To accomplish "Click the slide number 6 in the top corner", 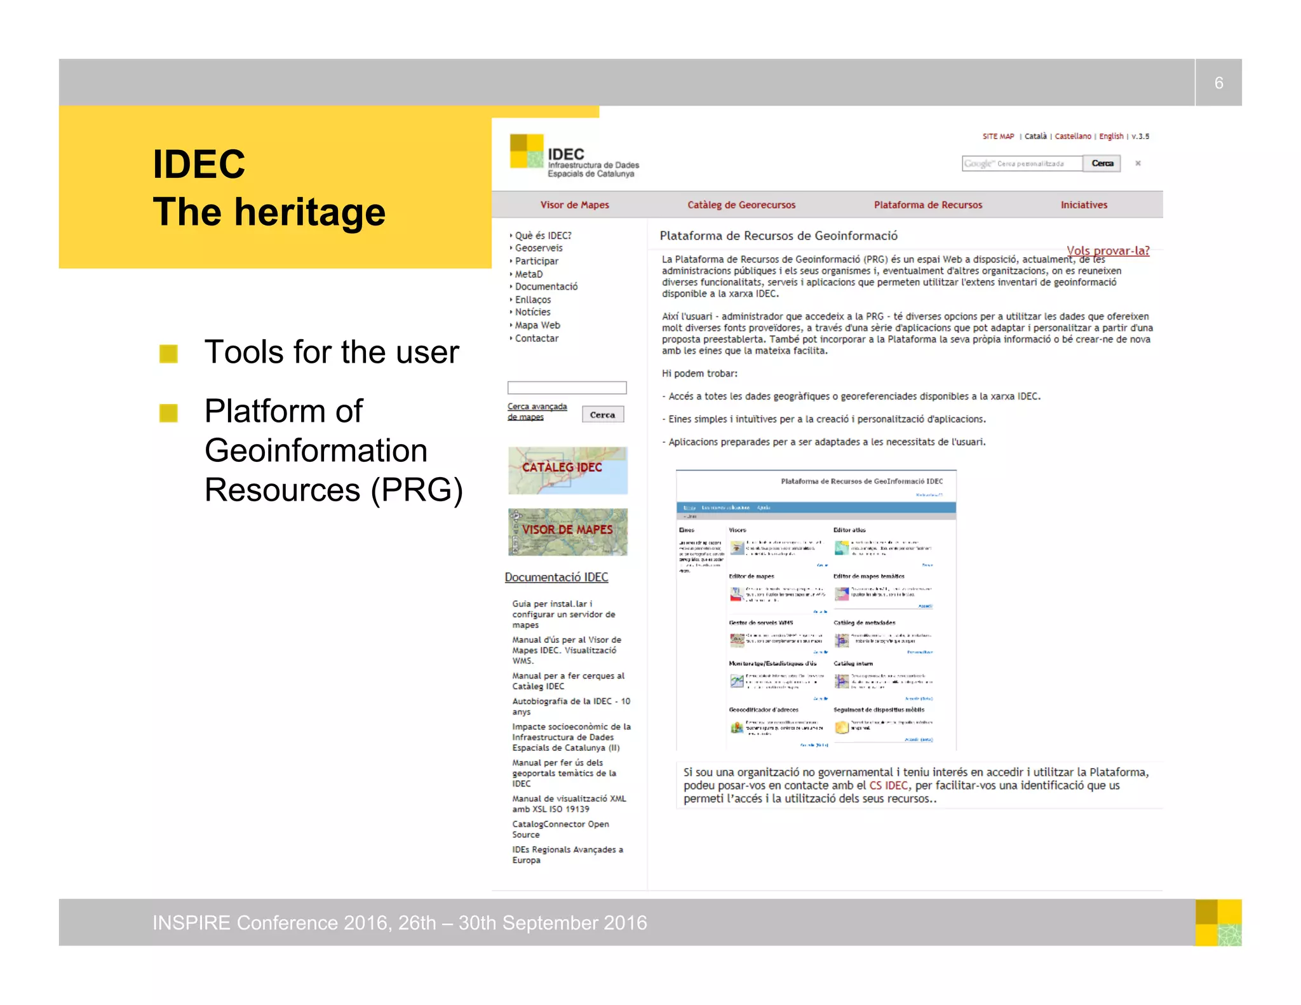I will point(1218,83).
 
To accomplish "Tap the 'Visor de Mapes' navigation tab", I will point(574,205).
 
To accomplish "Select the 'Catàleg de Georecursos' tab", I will point(741,205).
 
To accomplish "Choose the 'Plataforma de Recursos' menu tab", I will point(927,205).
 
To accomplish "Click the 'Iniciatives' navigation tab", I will point(1084,205).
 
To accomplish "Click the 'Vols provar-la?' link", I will point(1108,250).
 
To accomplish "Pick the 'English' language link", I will point(1111,136).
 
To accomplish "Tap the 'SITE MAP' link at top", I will point(998,136).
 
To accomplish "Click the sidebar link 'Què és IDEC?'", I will point(543,236).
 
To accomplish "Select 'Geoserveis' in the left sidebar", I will point(539,248).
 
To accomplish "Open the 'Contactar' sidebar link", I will point(537,338).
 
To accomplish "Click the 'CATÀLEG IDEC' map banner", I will point(567,470).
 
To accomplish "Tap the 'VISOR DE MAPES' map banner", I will point(567,531).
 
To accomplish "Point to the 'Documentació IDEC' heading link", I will point(556,577).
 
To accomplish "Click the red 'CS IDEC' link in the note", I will point(889,785).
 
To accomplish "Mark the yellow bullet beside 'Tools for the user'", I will point(168,353).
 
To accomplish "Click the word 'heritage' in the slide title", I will point(309,212).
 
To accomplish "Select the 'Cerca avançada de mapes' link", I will point(537,411).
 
